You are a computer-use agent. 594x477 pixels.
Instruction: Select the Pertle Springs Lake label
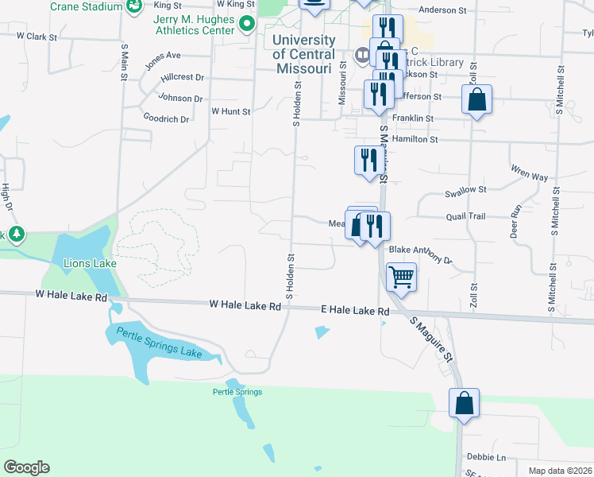coord(159,343)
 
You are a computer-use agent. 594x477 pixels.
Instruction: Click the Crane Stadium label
coord(86,6)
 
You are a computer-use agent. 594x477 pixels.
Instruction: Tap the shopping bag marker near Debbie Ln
coord(464,403)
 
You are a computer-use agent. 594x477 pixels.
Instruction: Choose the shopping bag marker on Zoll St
coord(476,101)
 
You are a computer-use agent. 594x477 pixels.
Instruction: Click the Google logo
coord(26,467)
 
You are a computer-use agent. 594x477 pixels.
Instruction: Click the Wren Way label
coord(530,174)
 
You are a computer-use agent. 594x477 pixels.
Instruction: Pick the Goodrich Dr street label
coord(166,119)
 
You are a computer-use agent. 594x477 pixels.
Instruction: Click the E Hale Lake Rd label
coord(355,310)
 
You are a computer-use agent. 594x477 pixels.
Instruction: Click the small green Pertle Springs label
coord(237,392)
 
